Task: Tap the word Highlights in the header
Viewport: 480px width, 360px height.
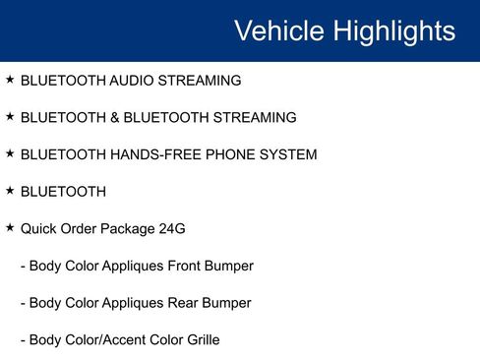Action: [x=394, y=30]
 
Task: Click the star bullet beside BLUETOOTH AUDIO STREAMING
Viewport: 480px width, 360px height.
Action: [x=10, y=79]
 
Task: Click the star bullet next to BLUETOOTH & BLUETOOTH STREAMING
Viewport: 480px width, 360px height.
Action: [x=10, y=116]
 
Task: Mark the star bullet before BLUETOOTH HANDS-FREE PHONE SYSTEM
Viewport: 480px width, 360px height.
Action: [x=10, y=153]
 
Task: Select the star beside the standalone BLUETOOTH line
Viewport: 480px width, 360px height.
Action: [x=10, y=191]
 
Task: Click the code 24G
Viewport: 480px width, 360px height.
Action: [x=171, y=229]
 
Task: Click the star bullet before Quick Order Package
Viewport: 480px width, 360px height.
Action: [x=10, y=228]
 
